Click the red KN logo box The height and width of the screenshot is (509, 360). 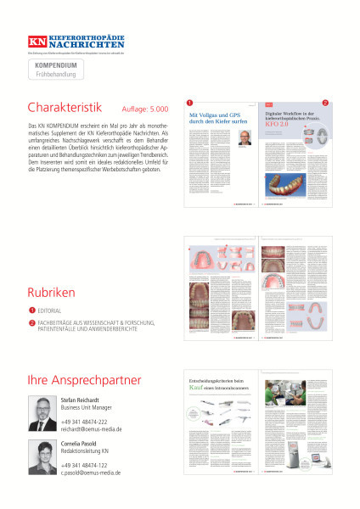(39, 41)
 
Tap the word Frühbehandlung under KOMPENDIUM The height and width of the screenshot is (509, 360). (56, 75)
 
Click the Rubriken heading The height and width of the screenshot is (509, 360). (52, 292)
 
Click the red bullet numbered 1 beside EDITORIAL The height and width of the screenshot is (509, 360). (31, 311)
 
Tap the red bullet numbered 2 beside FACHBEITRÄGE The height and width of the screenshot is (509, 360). (31, 322)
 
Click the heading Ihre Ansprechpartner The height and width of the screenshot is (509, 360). (84, 380)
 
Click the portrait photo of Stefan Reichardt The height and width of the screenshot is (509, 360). (42, 413)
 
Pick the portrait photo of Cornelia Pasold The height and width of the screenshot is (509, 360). (42, 457)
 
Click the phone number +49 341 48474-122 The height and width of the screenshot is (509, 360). (84, 465)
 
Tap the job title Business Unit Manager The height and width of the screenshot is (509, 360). (91, 408)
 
